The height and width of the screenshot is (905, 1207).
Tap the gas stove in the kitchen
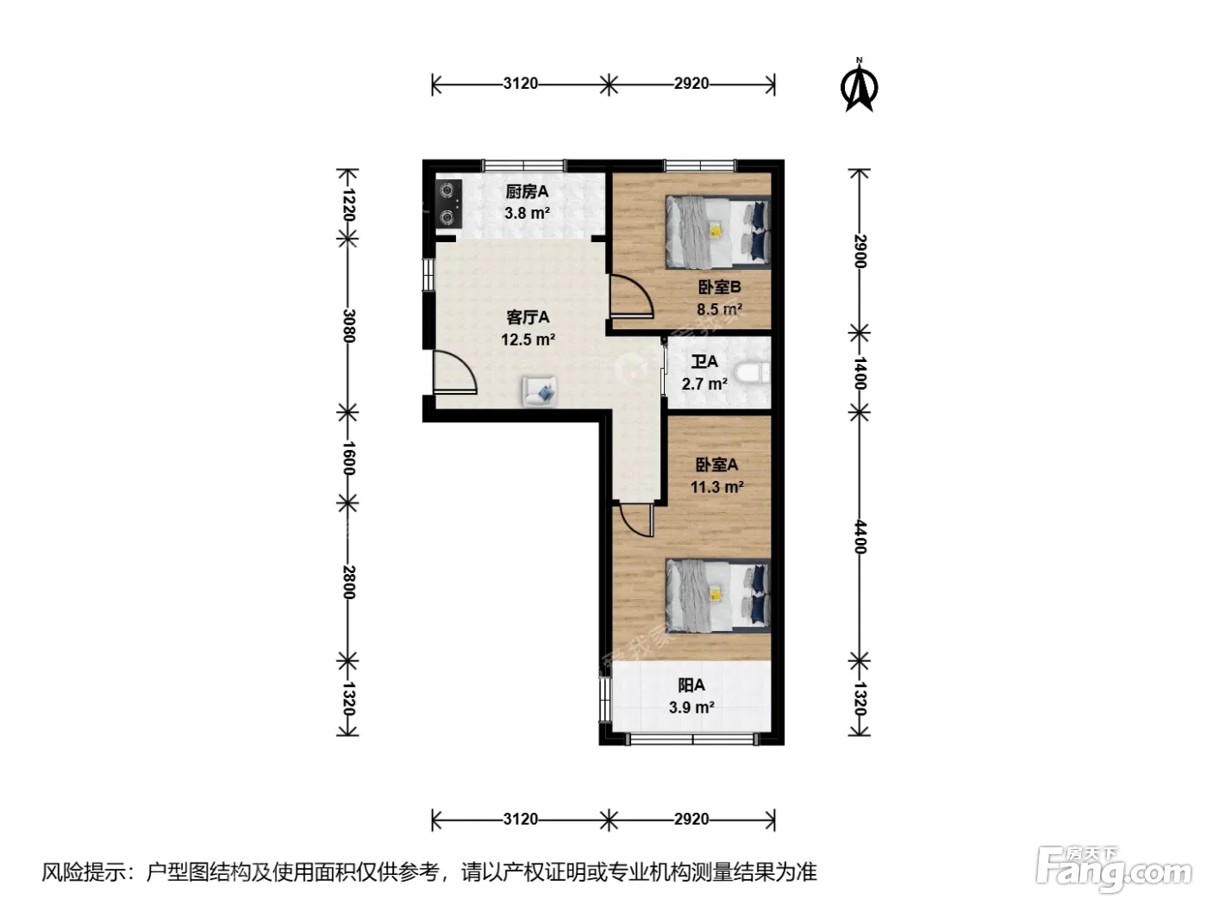click(448, 204)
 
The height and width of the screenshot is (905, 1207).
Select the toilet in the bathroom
click(754, 374)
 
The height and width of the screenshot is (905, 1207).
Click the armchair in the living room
click(539, 391)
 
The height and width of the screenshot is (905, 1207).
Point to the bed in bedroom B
click(717, 231)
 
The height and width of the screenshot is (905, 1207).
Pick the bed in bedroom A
click(717, 596)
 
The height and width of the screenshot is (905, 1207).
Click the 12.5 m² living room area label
click(528, 340)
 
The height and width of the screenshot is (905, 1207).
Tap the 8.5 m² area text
click(719, 309)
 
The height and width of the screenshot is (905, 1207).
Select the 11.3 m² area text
click(717, 487)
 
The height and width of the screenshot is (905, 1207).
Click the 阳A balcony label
click(691, 685)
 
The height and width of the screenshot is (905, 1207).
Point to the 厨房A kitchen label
click(527, 191)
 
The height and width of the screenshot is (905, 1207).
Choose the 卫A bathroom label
click(704, 361)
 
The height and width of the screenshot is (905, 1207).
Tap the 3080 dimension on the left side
click(348, 326)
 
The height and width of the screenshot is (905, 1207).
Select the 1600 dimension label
click(348, 458)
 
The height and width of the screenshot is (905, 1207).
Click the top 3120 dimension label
click(520, 84)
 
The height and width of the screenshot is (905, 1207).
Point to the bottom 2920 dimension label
click(691, 820)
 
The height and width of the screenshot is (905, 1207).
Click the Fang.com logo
click(1113, 869)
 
